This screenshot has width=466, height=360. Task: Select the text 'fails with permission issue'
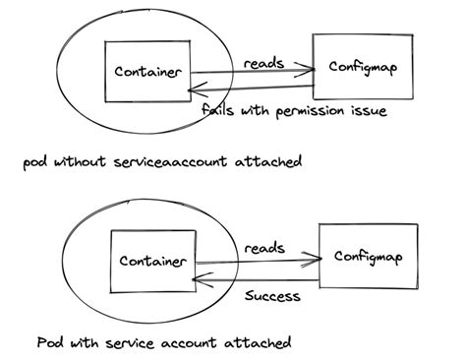[292, 110]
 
